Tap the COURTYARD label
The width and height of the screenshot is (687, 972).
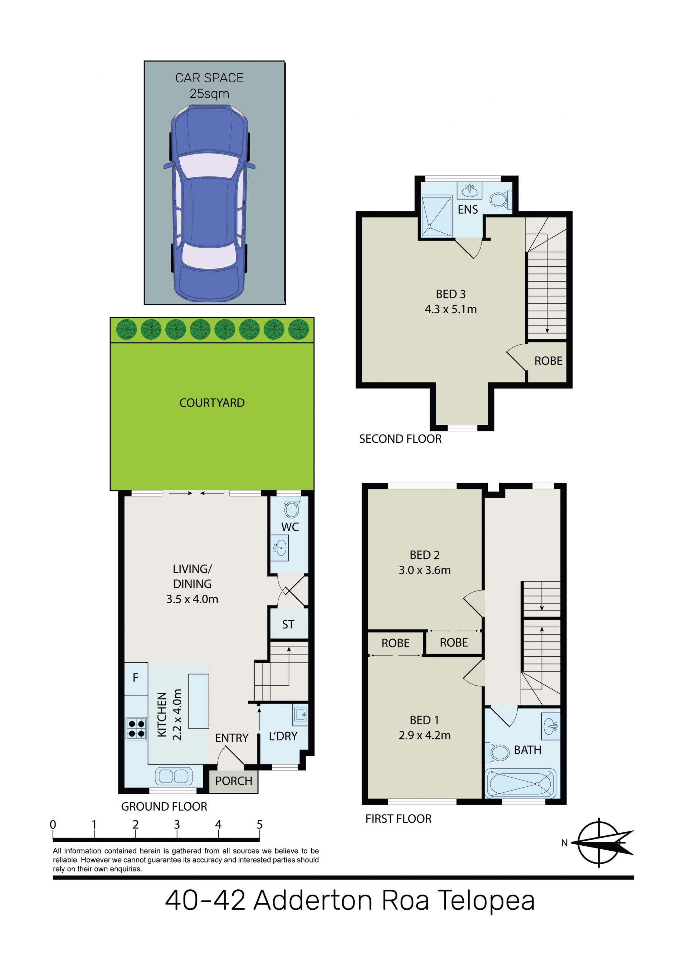click(x=211, y=403)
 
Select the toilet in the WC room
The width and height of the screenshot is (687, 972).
click(x=292, y=509)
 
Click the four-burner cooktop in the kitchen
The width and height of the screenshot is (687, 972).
click(x=136, y=728)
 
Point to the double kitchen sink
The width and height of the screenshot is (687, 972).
click(x=174, y=776)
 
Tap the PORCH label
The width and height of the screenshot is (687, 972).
click(x=234, y=781)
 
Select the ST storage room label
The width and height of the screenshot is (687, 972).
click(x=288, y=624)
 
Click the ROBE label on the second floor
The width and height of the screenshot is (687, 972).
click(x=548, y=361)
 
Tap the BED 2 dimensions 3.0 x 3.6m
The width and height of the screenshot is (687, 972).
click(x=425, y=570)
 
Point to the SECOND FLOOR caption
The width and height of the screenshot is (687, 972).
click(x=400, y=439)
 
